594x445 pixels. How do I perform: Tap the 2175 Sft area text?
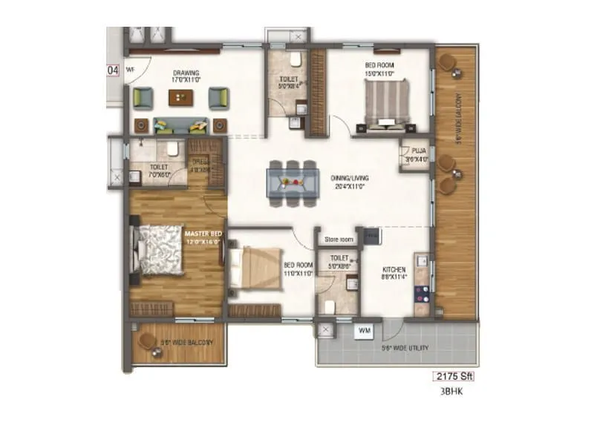pos(452,377)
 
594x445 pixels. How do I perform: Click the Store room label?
pos(338,240)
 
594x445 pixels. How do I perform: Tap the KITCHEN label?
pos(394,270)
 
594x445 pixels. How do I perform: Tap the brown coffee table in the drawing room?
pos(178,97)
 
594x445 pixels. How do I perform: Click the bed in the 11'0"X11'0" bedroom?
pos(255,268)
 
